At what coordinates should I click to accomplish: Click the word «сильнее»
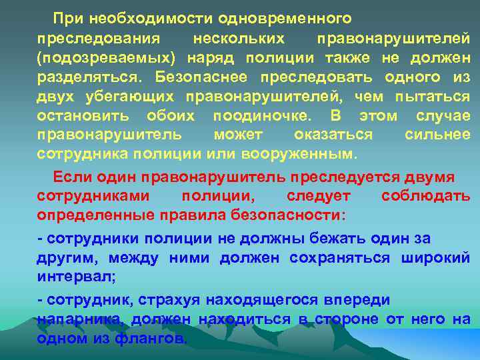tap(437, 135)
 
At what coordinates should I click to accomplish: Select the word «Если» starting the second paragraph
tap(70, 177)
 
